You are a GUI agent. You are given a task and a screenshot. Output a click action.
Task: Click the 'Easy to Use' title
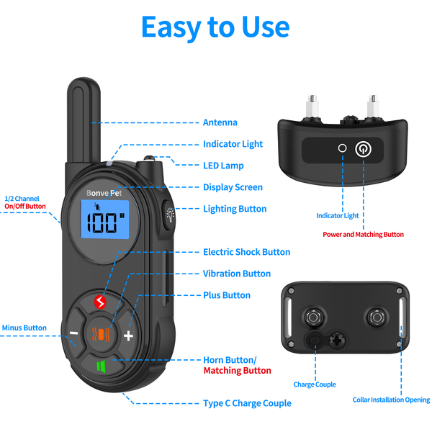[215, 27]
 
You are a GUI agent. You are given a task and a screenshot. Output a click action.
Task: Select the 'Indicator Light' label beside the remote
[233, 144]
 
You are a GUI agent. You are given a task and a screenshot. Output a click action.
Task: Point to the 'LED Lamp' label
[223, 166]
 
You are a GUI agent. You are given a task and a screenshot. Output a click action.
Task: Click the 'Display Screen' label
[233, 187]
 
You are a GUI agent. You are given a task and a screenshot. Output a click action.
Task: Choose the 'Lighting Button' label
[235, 209]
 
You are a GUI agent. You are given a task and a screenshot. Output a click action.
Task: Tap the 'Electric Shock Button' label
[246, 252]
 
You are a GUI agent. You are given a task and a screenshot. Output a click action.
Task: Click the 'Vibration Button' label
[236, 274]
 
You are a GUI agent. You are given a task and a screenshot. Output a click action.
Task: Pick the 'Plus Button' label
[226, 295]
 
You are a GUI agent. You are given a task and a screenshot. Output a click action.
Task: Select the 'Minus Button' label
[24, 328]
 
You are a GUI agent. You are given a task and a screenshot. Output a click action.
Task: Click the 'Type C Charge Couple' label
[247, 403]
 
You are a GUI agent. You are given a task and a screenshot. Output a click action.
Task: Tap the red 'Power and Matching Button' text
[363, 234]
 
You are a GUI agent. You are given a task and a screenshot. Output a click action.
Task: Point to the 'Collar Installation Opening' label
[391, 400]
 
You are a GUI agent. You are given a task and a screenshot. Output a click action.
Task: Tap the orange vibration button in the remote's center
[102, 333]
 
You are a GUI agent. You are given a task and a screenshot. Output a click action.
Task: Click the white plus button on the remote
[129, 336]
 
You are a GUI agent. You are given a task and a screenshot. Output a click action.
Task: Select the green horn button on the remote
[102, 366]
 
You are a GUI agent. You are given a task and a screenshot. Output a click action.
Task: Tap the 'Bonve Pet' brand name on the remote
[105, 193]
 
